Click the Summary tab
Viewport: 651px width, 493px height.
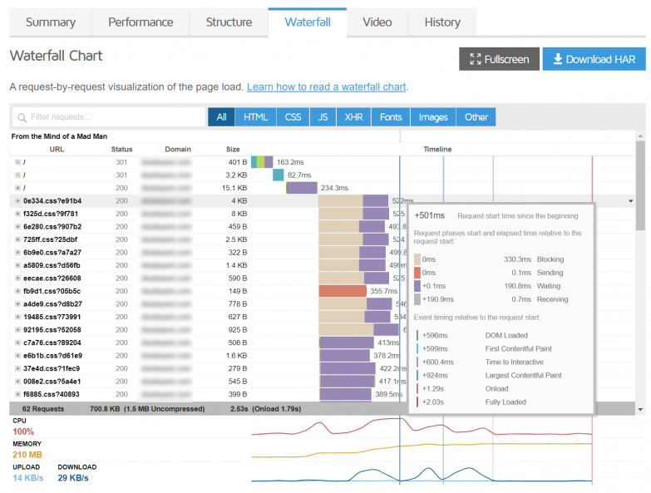pyautogui.click(x=51, y=22)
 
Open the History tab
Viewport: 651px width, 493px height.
pyautogui.click(x=441, y=22)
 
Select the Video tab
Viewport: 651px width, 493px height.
pyautogui.click(x=377, y=22)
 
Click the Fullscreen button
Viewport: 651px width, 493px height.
pyautogui.click(x=499, y=59)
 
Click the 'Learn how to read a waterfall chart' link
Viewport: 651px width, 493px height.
pyautogui.click(x=326, y=86)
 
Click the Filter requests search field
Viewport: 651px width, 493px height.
pyautogui.click(x=108, y=117)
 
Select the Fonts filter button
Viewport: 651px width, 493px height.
pyautogui.click(x=391, y=117)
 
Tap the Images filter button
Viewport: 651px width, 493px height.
pyautogui.click(x=433, y=117)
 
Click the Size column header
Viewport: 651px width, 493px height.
pyautogui.click(x=233, y=150)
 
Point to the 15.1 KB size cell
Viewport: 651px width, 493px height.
pyautogui.click(x=236, y=188)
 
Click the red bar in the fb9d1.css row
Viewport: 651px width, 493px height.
pyautogui.click(x=343, y=291)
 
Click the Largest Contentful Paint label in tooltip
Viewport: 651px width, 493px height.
pyautogui.click(x=524, y=375)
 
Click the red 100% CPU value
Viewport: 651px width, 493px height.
pyautogui.click(x=23, y=431)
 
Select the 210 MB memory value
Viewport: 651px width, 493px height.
pyautogui.click(x=27, y=455)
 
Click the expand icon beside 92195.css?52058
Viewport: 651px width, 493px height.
pyautogui.click(x=17, y=329)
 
